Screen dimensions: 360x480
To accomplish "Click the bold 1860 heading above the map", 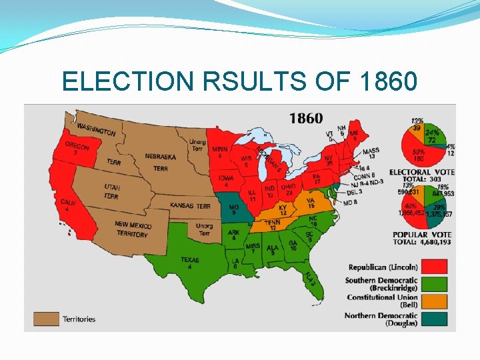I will pyautogui.click(x=306, y=118).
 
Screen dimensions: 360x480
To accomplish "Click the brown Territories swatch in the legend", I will pyautogui.click(x=47, y=317).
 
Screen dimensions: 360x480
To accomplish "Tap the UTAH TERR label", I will pyautogui.click(x=111, y=191).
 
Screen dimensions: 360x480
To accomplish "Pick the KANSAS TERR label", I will pyautogui.click(x=190, y=205).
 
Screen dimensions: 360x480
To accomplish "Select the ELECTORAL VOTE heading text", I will pyautogui.click(x=422, y=172).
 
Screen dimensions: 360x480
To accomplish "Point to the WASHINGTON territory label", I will pyautogui.click(x=96, y=129).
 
